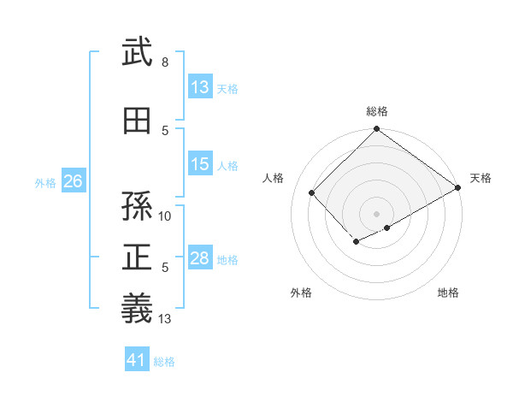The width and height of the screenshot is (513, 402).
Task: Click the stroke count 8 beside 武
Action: click(x=164, y=63)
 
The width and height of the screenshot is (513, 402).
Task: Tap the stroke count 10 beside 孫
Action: click(x=165, y=216)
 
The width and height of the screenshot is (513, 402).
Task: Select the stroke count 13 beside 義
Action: click(x=165, y=320)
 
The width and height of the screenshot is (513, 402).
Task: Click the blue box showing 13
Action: click(x=200, y=86)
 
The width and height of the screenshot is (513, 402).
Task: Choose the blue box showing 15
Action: click(x=200, y=164)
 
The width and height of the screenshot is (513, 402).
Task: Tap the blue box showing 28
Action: click(x=200, y=258)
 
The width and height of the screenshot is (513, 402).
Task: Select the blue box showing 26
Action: click(x=73, y=181)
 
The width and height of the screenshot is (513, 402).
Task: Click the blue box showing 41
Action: click(x=137, y=360)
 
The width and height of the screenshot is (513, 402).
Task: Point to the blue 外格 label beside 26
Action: click(x=45, y=182)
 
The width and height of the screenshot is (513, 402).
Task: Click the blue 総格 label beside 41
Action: click(x=164, y=362)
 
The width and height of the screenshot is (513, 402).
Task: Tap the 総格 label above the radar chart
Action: click(x=376, y=111)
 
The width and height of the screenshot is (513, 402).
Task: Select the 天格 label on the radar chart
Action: click(x=481, y=178)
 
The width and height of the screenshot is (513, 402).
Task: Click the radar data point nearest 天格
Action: click(x=459, y=188)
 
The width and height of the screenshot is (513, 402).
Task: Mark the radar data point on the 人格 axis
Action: click(x=312, y=193)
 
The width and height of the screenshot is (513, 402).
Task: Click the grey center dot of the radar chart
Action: click(x=376, y=213)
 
